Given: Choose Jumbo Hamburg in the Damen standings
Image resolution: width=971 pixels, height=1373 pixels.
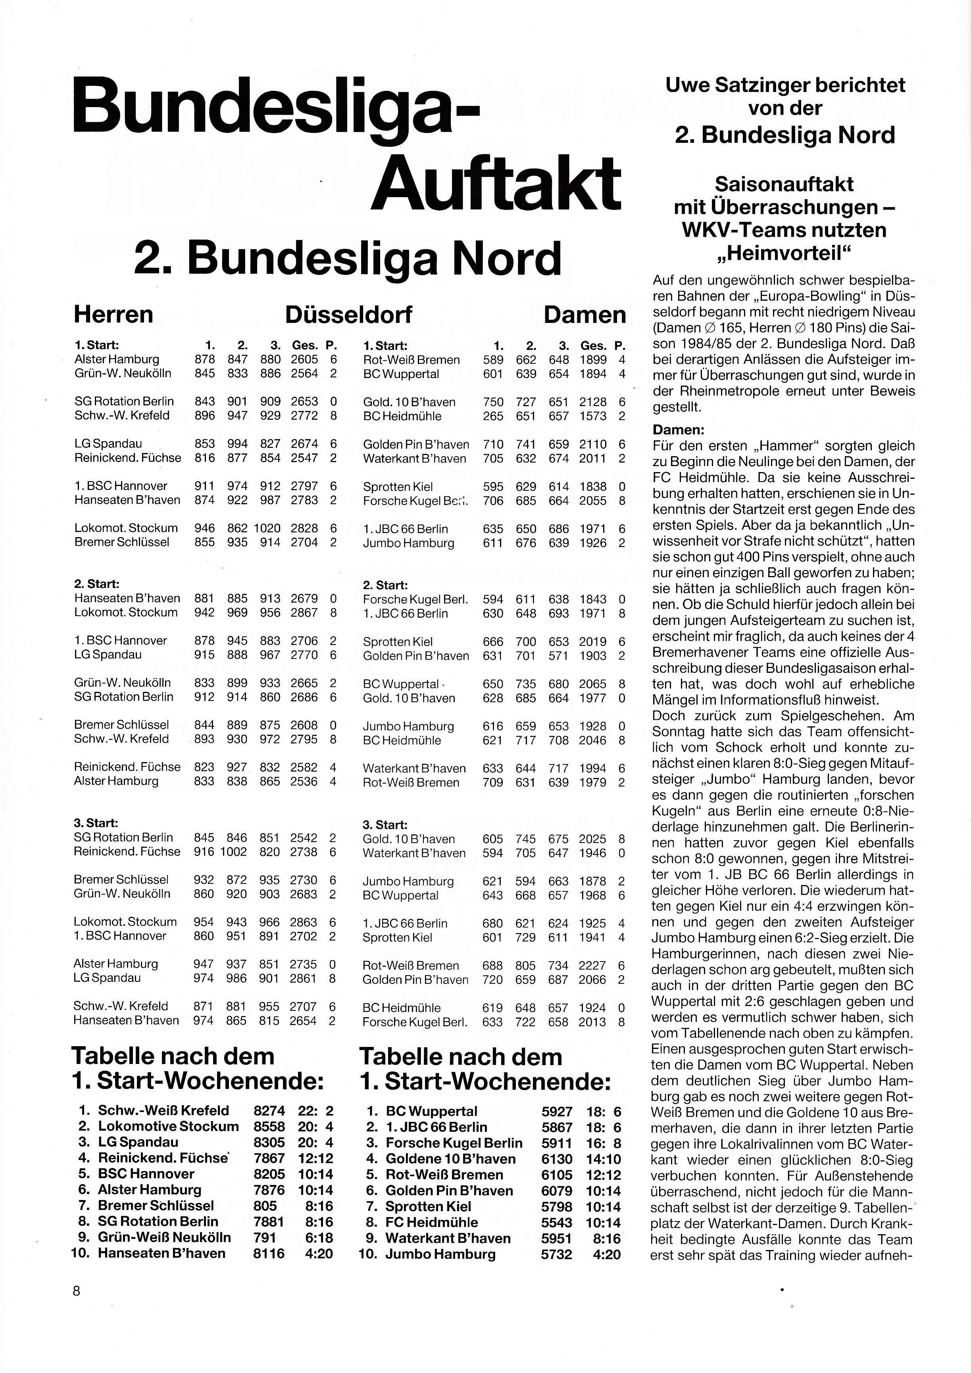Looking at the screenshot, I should pyautogui.click(x=440, y=1254).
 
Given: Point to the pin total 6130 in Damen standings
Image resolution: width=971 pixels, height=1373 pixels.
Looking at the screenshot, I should pyautogui.click(x=556, y=1158).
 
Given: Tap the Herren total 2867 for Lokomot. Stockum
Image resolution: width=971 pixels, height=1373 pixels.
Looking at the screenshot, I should pyautogui.click(x=304, y=613).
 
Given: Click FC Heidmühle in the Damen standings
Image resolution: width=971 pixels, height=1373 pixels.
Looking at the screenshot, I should pyautogui.click(x=431, y=1222).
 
